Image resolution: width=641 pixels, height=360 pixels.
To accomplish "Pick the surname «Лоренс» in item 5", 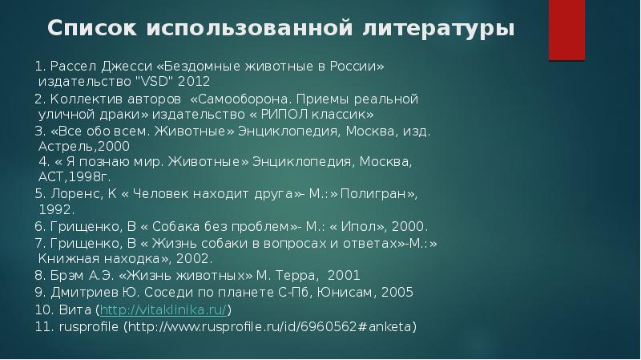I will (75, 194).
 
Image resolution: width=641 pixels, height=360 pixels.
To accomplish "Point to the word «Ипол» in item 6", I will (365, 226).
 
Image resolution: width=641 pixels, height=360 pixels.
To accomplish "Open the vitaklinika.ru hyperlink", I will (163, 309).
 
